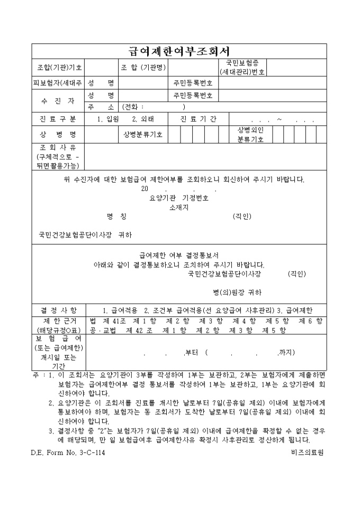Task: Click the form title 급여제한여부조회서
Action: [x=179, y=51]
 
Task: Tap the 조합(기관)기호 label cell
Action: [x=59, y=68]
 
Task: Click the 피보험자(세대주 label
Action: [x=59, y=83]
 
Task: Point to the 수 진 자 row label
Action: [x=59, y=101]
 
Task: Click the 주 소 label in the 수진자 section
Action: [x=101, y=106]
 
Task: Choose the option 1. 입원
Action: [x=109, y=119]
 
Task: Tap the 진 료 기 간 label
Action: [x=198, y=119]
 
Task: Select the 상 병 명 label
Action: [x=59, y=134]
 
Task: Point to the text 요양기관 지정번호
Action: [x=179, y=198]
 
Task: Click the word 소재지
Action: [x=179, y=207]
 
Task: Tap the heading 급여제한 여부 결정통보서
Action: [x=179, y=254]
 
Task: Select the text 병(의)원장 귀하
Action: [x=238, y=292]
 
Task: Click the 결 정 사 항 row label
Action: [x=59, y=310]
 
